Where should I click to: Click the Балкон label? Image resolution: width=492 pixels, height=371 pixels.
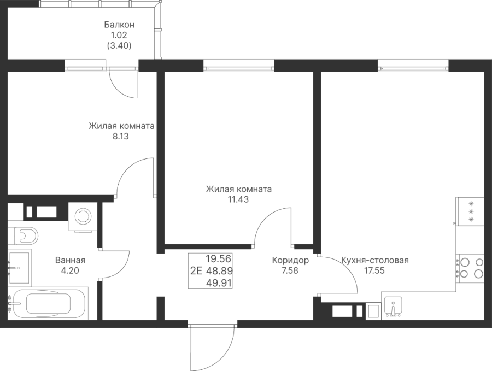tap(120, 25)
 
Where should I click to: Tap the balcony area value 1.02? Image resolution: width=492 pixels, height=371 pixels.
tap(120, 35)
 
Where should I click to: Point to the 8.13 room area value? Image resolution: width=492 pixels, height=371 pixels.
tap(121, 137)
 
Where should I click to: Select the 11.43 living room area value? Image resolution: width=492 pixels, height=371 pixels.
tap(238, 200)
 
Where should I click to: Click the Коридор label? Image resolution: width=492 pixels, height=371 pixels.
tap(290, 261)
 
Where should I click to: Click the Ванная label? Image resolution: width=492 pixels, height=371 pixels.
tap(70, 261)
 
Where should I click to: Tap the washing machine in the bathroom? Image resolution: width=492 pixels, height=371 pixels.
tap(83, 217)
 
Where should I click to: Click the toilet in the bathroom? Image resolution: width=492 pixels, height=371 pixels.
tap(24, 235)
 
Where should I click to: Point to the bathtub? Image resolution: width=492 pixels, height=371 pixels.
tap(48, 304)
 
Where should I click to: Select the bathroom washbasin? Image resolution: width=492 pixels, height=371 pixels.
tap(20, 267)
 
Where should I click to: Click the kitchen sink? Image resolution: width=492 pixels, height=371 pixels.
tap(394, 307)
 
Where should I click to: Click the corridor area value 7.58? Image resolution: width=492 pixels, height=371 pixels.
tap(290, 270)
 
